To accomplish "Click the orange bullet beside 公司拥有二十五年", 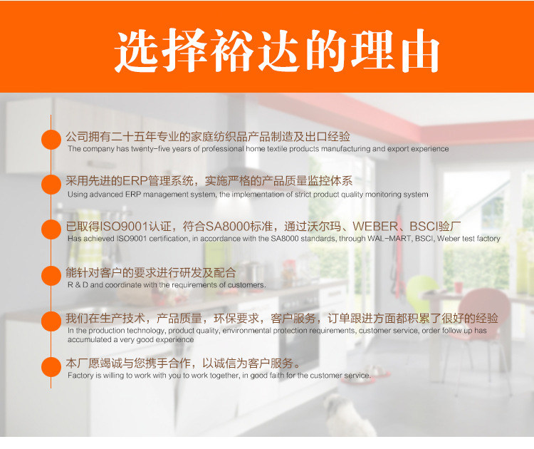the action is (x=51, y=140).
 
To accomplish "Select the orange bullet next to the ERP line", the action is (x=51, y=185).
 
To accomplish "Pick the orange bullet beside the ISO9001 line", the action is (x=51, y=229).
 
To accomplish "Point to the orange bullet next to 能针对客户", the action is (x=51, y=276).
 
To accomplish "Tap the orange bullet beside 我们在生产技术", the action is (x=51, y=321).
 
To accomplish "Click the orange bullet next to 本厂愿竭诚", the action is (x=51, y=367).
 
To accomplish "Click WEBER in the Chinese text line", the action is (x=375, y=227).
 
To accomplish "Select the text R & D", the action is (x=78, y=285).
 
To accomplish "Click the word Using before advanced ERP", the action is (x=76, y=195).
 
